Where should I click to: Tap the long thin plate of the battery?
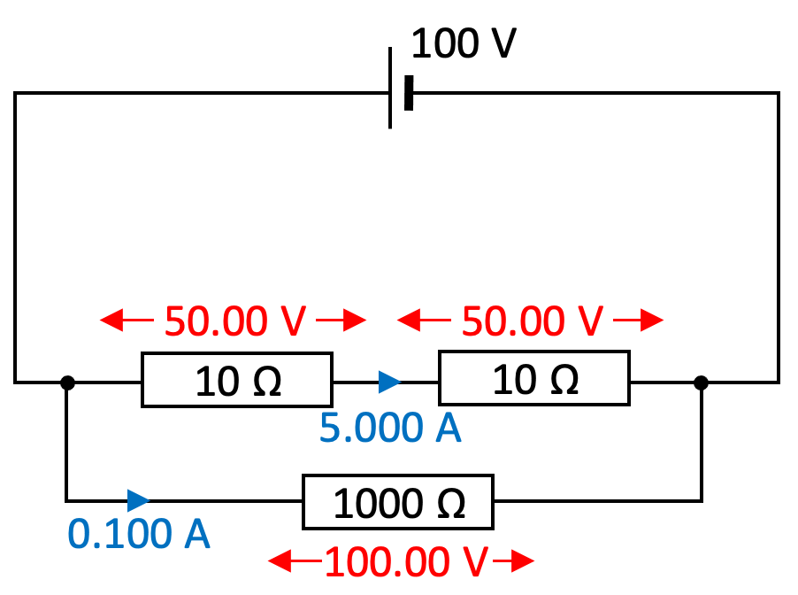tap(390, 89)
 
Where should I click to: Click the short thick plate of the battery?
tap(409, 92)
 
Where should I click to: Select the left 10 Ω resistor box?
tap(237, 381)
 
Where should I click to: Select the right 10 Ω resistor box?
tap(534, 379)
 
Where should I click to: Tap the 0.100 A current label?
tap(139, 534)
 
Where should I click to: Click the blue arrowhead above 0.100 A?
tap(138, 500)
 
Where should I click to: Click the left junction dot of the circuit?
tap(66, 382)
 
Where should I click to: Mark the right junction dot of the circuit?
tap(701, 382)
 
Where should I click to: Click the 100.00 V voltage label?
tap(406, 560)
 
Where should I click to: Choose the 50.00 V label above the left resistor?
tap(228, 321)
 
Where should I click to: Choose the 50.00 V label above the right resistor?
tap(526, 321)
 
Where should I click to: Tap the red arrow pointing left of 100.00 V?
tap(295, 560)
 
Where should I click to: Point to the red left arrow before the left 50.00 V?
tap(125, 321)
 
